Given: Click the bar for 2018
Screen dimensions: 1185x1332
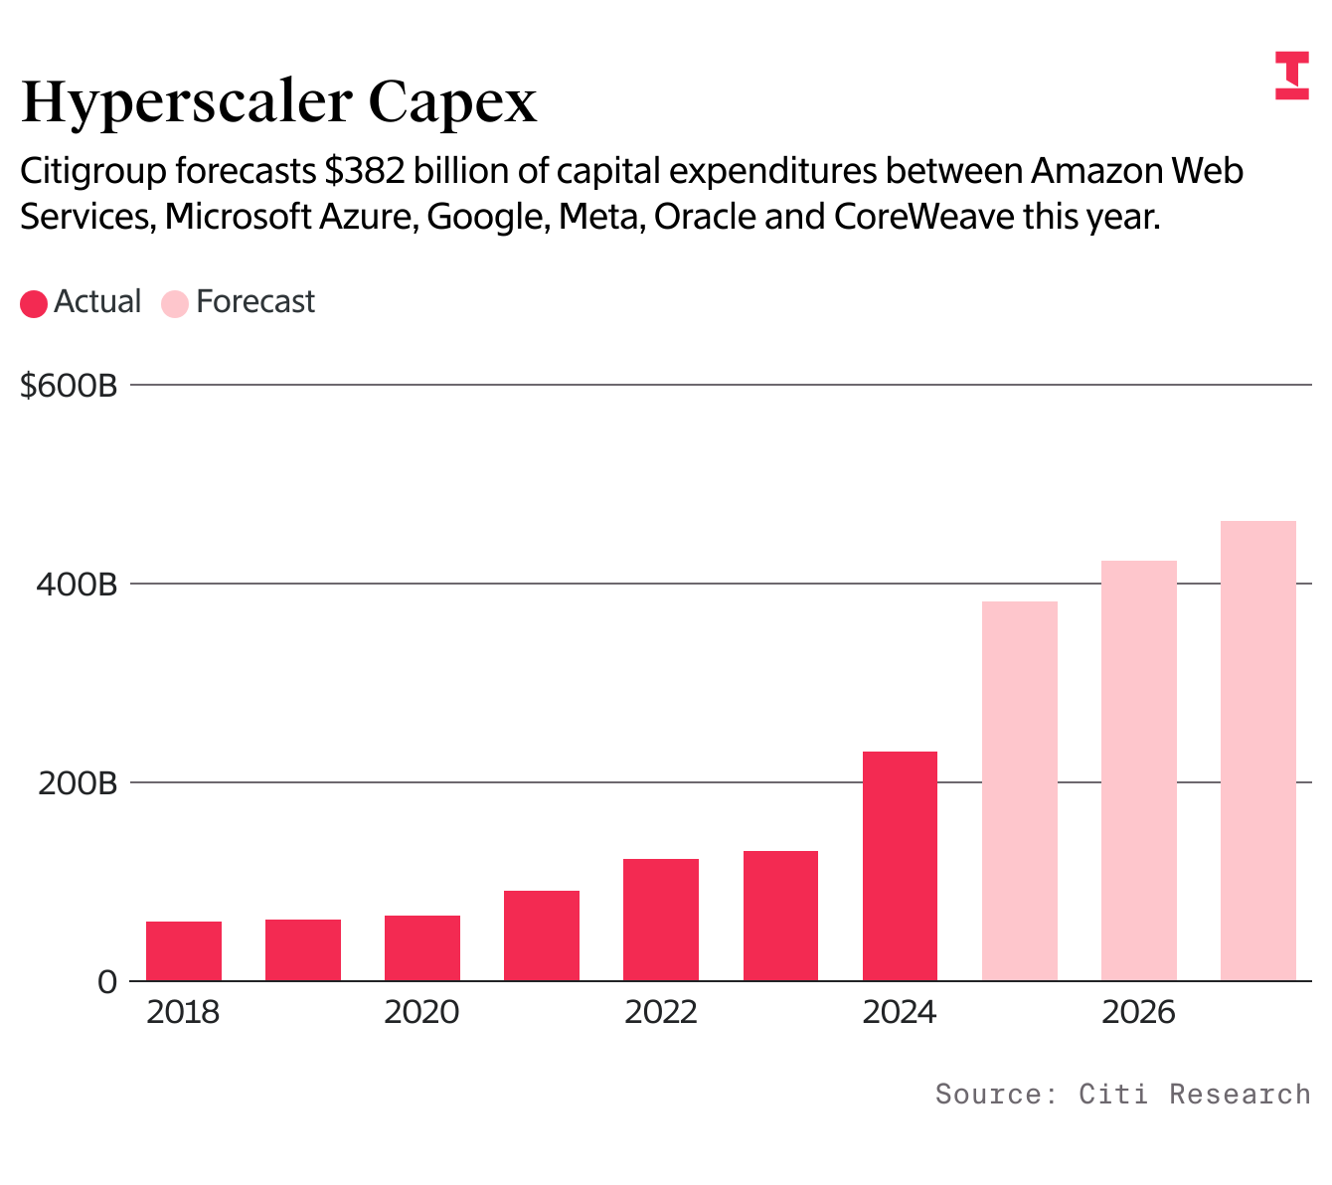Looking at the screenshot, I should pos(184,951).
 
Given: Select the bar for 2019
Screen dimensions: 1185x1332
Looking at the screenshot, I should pos(303,950).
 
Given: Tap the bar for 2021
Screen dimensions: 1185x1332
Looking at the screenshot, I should pos(542,935).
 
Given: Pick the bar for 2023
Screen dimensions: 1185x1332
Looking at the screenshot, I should pos(780,916).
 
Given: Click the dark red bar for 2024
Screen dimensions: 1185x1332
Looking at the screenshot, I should pos(900,866).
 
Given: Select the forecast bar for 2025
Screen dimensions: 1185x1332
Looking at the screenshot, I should pos(1019,791).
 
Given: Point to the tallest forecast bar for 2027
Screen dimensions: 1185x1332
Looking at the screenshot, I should pos(1257,751).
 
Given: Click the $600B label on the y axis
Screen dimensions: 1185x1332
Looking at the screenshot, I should pos(69,385).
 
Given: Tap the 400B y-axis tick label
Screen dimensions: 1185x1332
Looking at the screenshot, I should pos(77,584).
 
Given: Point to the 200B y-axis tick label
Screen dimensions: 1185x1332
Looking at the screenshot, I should pos(77,782).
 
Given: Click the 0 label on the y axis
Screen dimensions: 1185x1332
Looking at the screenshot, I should pos(107,982).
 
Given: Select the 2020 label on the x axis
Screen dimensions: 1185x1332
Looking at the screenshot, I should pos(421,1012).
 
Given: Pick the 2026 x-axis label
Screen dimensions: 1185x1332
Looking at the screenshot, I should pos(1138,1012).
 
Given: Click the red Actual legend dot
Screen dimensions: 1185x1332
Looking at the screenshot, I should pos(34,303).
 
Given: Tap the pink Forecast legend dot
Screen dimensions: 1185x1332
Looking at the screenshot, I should pos(175,303).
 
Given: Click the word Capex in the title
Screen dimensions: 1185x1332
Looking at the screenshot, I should pos(452,102).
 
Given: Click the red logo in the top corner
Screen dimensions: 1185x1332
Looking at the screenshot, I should pos(1292,76).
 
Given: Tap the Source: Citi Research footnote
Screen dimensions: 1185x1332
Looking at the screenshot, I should pos(1122,1095).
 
